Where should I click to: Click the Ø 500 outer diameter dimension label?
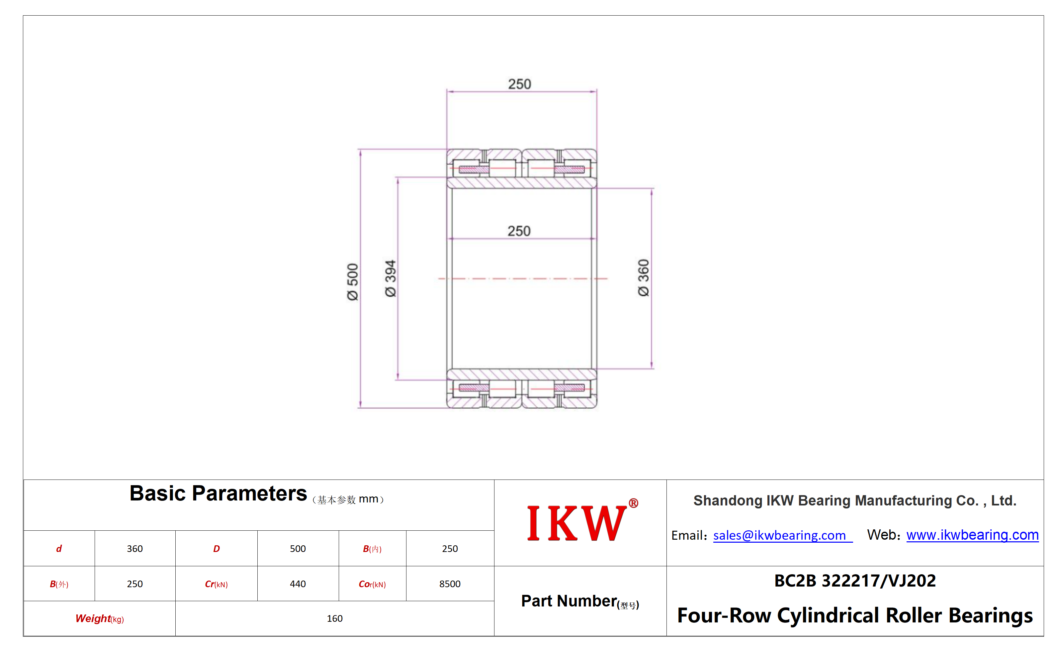352,282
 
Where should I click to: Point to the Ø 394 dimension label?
391,278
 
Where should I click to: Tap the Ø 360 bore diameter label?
643,278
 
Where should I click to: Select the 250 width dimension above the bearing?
519,84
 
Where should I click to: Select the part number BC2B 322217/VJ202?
855,581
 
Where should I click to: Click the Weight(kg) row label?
100,618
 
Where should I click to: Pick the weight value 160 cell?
335,618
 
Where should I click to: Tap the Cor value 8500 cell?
450,584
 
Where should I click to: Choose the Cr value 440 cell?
298,584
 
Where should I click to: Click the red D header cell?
216,549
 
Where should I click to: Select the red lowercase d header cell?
59,549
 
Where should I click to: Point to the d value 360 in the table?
135,549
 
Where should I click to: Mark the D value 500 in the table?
298,549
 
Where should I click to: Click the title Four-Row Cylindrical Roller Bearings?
855,615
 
